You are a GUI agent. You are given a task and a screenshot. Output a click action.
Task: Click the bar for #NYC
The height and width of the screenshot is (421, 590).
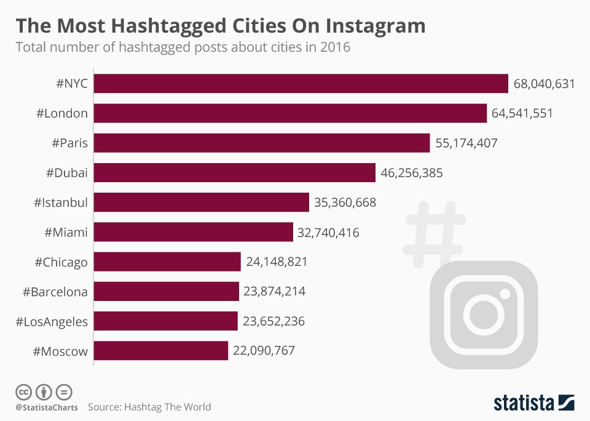[301, 84]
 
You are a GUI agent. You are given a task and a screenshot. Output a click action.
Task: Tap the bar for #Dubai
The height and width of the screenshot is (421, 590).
[234, 173]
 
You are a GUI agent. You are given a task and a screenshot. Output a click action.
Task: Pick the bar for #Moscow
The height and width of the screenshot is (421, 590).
[161, 351]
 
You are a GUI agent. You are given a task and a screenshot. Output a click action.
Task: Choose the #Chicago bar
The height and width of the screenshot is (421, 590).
[167, 262]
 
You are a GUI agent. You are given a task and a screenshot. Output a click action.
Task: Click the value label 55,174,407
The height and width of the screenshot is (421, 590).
[466, 143]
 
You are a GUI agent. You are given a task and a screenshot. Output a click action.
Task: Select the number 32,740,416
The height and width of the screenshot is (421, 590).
[329, 232]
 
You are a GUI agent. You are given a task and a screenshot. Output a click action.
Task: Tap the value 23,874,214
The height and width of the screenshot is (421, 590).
[275, 292]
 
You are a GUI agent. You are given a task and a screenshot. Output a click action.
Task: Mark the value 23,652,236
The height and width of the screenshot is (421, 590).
[273, 321]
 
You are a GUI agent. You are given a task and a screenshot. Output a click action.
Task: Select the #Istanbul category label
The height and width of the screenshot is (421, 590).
[61, 202]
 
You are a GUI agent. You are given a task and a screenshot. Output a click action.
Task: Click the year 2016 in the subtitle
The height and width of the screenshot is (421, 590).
[335, 47]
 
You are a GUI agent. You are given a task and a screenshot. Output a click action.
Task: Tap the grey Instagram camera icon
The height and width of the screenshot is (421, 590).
[483, 313]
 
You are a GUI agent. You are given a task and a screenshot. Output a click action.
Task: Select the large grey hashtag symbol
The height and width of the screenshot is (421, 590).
[435, 233]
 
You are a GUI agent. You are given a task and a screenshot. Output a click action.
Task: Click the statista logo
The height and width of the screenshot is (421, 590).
[533, 403]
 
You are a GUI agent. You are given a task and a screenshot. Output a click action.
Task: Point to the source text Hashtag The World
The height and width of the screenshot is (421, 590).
[167, 407]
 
